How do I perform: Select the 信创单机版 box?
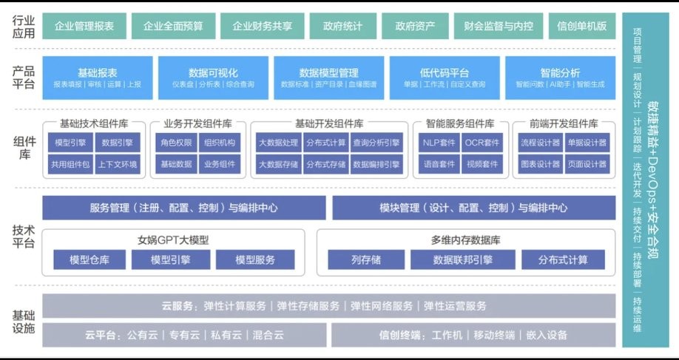pos(582,26)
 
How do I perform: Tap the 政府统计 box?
pos(343,26)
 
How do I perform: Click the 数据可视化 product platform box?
pos(214,78)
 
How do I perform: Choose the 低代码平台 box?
pos(444,78)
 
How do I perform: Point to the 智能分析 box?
pos(560,78)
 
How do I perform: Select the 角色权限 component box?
pos(176,143)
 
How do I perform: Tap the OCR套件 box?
pos(482,143)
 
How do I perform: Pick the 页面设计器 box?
pos(586,164)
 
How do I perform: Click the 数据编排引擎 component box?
pos(376,164)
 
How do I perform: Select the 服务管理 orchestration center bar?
pos(184,208)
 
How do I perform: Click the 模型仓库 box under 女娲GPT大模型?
pos(89,260)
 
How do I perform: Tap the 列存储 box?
pos(366,260)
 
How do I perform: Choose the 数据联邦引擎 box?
pos(463,260)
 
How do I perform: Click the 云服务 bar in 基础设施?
pos(328,306)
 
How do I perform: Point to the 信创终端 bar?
pos(473,335)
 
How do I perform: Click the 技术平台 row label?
pos(23,237)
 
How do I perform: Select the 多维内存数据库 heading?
pos(466,240)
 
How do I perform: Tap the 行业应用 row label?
pos(23,26)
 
